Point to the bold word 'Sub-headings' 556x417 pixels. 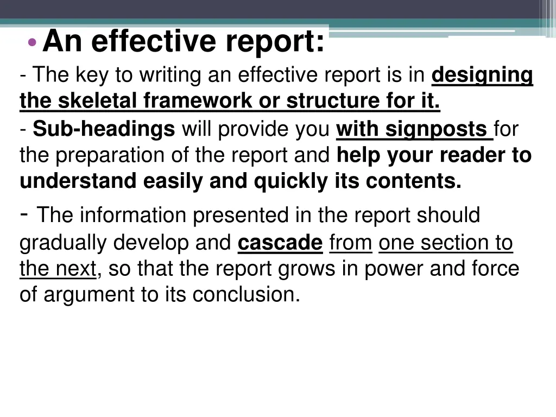pos(104,130)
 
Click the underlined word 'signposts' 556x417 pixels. pos(436,130)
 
